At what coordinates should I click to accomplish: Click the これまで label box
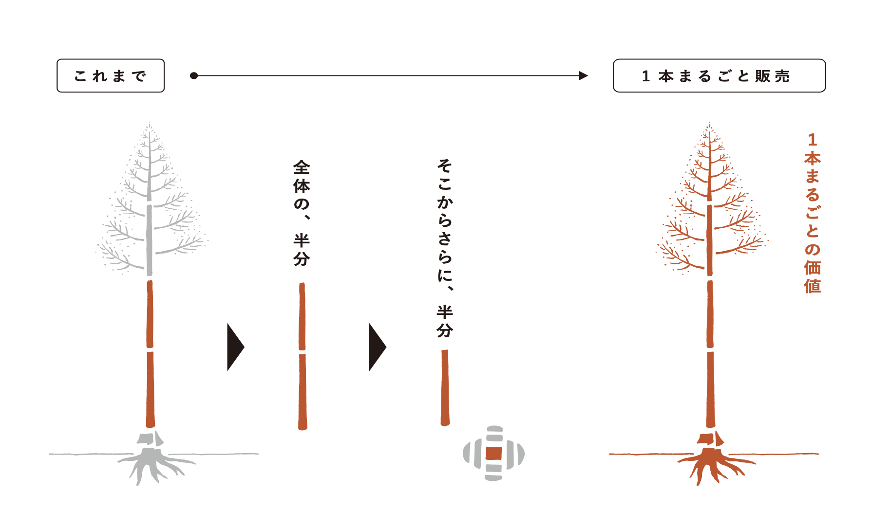tap(111, 76)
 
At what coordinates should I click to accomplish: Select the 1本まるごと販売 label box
tap(719, 76)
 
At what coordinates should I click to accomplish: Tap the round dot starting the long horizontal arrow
tap(194, 75)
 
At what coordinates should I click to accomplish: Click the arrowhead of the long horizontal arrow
tap(583, 75)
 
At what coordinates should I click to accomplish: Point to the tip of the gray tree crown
tap(150, 124)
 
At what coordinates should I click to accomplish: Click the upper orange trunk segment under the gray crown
tap(150, 314)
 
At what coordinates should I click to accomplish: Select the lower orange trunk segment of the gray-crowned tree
tap(151, 389)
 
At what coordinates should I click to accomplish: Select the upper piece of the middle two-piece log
tap(302, 316)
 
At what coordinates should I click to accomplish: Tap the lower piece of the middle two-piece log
tap(303, 392)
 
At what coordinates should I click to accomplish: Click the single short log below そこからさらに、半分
tap(445, 387)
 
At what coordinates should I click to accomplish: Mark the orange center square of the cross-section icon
tap(494, 454)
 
